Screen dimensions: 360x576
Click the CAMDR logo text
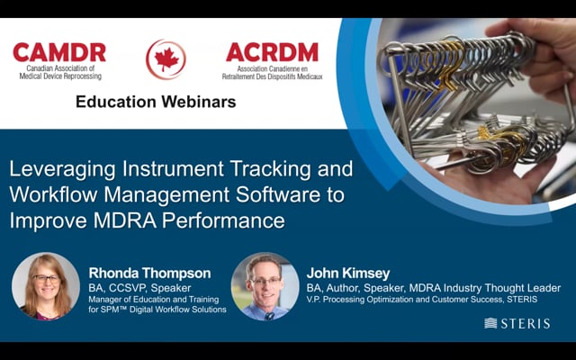point(58,52)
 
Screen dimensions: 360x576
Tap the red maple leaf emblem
point(166,59)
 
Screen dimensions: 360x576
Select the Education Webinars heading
point(156,102)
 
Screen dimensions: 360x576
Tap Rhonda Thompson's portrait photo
point(46,286)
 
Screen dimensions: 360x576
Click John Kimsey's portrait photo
point(265,286)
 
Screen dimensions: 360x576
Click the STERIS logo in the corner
point(517,322)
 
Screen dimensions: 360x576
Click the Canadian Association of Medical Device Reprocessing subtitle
point(58,73)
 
